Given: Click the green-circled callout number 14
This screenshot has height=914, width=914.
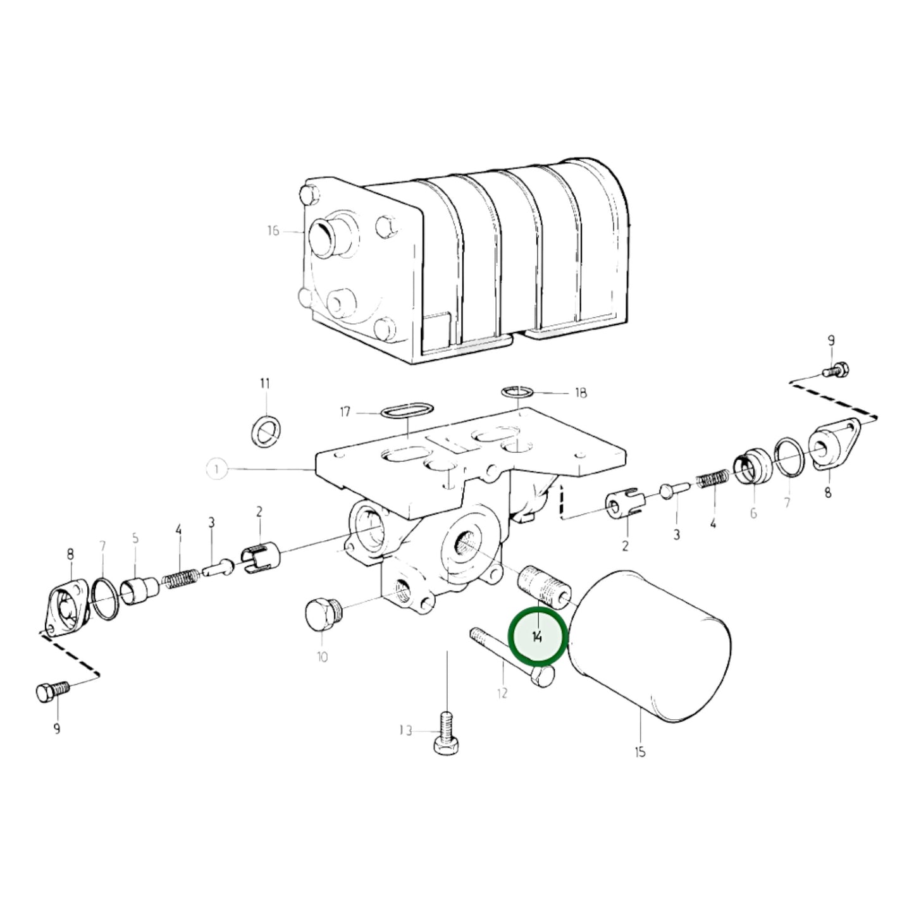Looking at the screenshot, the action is [x=537, y=638].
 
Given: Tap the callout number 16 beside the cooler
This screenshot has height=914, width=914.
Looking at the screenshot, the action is [x=273, y=231].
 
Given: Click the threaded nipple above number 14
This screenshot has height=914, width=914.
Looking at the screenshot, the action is [x=545, y=587].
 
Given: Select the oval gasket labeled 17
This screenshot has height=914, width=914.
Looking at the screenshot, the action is [x=407, y=410].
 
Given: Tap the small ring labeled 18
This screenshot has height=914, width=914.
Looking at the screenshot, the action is [x=517, y=392].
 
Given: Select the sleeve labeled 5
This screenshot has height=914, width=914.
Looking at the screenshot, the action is [x=139, y=590].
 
